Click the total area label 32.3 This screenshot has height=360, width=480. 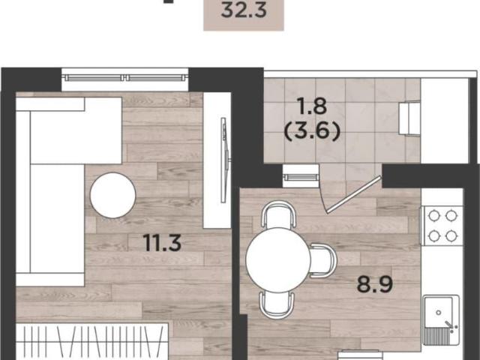click(x=244, y=10)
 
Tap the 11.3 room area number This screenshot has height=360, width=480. click(x=163, y=242)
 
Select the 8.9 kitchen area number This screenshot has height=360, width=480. click(x=375, y=284)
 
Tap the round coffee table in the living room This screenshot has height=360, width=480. click(x=113, y=195)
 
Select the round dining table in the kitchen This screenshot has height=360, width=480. click(x=278, y=260)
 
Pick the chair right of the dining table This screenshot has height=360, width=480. click(x=323, y=260)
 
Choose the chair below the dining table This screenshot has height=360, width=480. click(x=277, y=305)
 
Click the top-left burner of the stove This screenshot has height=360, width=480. click(x=434, y=215)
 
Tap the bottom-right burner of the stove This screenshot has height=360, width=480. click(x=451, y=235)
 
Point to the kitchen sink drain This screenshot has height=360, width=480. click(x=439, y=313)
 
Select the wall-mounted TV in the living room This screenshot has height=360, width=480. click(x=225, y=160)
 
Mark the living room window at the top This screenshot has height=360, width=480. click(x=125, y=78)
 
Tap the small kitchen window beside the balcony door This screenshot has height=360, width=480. click(x=300, y=176)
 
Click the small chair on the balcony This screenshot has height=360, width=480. click(x=409, y=118)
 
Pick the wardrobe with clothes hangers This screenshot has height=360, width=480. click(x=92, y=341)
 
